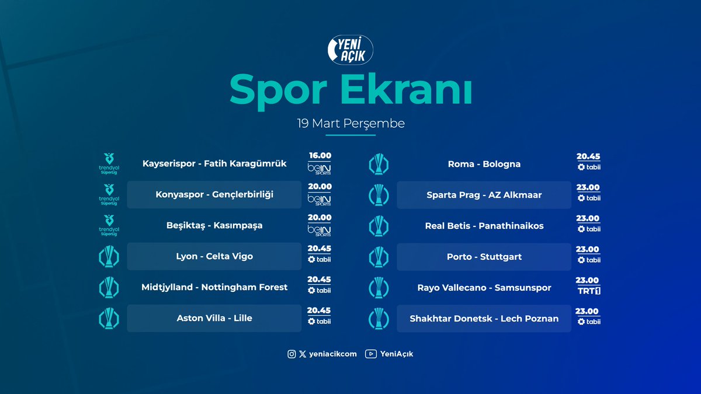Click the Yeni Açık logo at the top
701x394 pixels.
click(x=350, y=48)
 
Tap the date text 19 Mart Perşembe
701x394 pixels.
click(x=350, y=124)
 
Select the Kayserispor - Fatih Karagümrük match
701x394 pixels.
click(x=214, y=164)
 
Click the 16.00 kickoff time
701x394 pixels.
click(x=320, y=156)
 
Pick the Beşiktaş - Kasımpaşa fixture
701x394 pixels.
click(x=214, y=225)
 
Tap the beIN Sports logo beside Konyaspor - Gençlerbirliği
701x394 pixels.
click(x=320, y=200)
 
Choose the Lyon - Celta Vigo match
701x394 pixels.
click(x=214, y=256)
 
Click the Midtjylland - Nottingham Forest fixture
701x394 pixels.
click(x=214, y=287)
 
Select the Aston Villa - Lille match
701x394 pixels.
click(x=214, y=318)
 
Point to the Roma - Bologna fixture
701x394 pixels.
click(x=484, y=164)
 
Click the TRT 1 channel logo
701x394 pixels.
click(x=589, y=291)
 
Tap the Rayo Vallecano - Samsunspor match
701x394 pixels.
click(x=484, y=288)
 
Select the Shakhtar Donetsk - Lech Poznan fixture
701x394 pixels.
click(x=484, y=319)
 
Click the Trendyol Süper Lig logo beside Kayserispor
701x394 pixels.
click(x=109, y=163)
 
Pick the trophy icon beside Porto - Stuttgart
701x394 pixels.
click(x=379, y=257)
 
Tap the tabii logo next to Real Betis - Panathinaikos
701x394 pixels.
click(x=589, y=229)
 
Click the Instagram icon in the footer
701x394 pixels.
click(x=291, y=354)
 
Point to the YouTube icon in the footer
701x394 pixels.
click(x=370, y=354)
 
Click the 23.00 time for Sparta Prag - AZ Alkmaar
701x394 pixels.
click(x=588, y=187)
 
